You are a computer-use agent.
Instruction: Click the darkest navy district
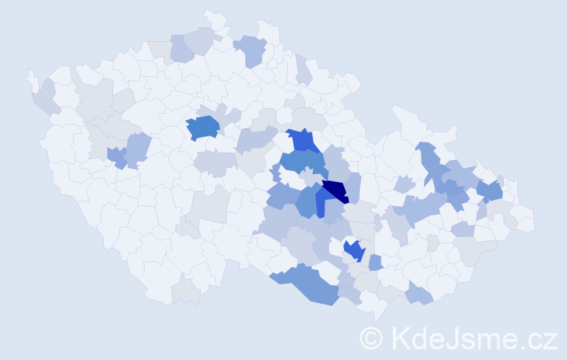click(335, 191)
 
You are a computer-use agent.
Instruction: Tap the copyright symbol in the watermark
click(371, 338)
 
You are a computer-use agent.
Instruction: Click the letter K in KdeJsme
click(401, 338)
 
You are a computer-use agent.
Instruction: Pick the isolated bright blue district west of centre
click(203, 127)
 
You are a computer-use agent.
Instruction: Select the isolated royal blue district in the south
click(353, 251)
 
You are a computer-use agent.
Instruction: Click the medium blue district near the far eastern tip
click(490, 191)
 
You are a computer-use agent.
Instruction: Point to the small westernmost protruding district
click(32, 79)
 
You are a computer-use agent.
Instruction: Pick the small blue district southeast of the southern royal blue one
click(375, 263)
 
